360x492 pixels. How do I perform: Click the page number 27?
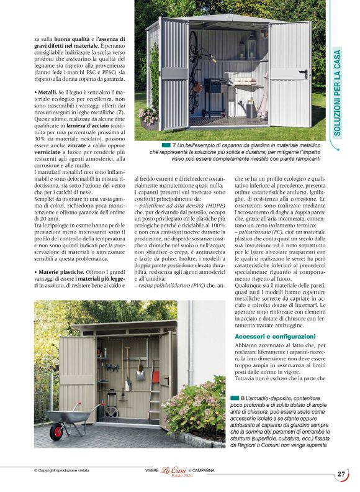[x=341, y=474]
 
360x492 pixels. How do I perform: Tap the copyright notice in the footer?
[x=63, y=471]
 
